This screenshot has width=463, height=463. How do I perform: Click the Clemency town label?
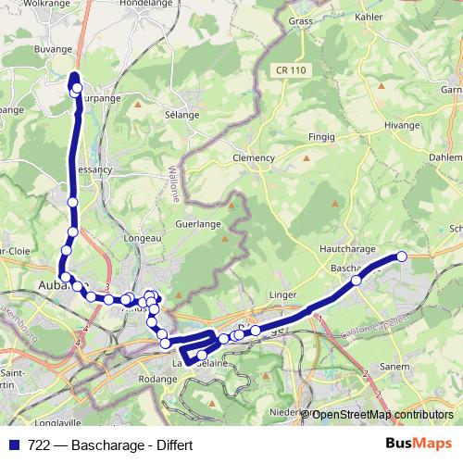pos(254,157)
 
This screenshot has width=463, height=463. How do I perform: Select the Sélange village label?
pos(181,115)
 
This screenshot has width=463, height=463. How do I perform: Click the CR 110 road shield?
pos(291,69)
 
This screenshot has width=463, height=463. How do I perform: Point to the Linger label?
pos(282,295)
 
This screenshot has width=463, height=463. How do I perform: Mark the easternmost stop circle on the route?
pos(402,257)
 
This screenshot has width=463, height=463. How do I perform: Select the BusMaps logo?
pos(418,444)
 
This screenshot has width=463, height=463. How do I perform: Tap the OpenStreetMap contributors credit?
pos(382,415)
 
